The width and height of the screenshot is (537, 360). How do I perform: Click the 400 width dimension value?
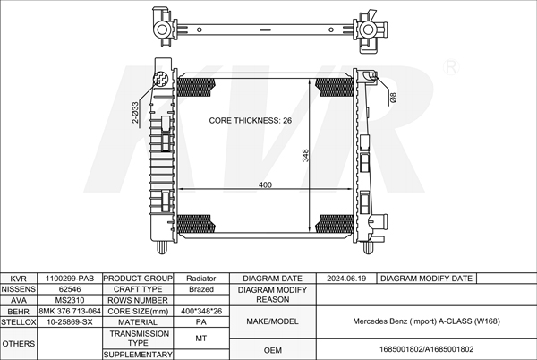pyautogui.click(x=265, y=185)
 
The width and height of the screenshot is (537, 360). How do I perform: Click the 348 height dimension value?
pyautogui.click(x=305, y=155)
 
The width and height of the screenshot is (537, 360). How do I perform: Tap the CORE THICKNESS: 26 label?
pyautogui.click(x=251, y=121)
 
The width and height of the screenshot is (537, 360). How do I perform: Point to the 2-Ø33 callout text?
pyautogui.click(x=135, y=112)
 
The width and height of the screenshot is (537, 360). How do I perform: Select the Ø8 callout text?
pyautogui.click(x=393, y=98)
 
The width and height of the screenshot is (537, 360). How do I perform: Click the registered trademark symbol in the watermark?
pyautogui.click(x=451, y=67)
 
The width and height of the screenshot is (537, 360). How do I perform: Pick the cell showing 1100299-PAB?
pyautogui.click(x=70, y=279)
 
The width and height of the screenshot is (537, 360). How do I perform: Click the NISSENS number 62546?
pyautogui.click(x=70, y=289)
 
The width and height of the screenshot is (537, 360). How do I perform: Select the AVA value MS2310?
pyautogui.click(x=70, y=300)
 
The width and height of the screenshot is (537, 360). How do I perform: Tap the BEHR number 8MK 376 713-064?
pyautogui.click(x=70, y=311)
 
